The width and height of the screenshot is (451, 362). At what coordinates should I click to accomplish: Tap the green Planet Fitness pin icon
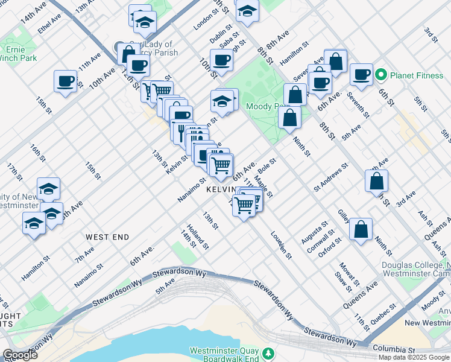[x=381, y=75]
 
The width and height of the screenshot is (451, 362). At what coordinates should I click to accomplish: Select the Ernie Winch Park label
[x=20, y=53]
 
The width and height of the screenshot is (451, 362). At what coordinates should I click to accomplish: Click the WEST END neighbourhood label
[x=107, y=237]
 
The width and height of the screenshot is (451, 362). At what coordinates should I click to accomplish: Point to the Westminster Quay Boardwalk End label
[x=224, y=354]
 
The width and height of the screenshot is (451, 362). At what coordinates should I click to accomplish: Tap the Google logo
[x=20, y=355]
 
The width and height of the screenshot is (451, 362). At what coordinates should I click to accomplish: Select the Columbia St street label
[x=394, y=349]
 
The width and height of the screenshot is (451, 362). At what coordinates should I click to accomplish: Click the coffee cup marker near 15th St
[x=65, y=81]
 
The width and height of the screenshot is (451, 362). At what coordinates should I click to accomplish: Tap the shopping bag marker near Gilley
[x=361, y=229]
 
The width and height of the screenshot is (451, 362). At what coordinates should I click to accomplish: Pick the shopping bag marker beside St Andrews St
[x=376, y=181]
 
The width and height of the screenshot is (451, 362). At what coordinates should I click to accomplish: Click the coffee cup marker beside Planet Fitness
[x=361, y=75]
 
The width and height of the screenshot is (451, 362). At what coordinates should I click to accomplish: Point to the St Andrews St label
[x=331, y=177]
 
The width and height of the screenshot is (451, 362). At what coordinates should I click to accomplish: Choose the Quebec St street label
[x=383, y=314]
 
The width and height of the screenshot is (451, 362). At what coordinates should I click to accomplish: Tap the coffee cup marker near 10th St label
[x=221, y=60]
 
